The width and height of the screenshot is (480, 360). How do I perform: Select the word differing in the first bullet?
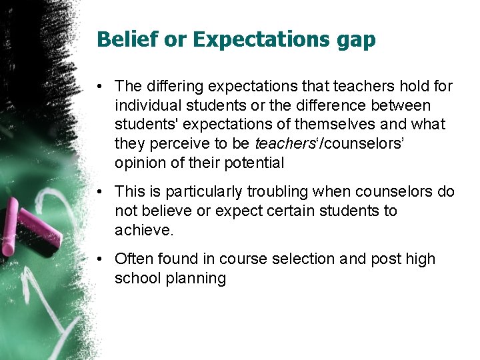[172, 86]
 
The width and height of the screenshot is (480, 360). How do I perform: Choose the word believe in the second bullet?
[169, 211]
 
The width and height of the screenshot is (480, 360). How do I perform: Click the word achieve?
[144, 230]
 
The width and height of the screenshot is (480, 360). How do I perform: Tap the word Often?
[133, 259]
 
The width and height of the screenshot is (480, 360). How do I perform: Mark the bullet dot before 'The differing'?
[99, 87]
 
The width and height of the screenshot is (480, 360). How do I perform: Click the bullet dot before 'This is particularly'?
[99, 192]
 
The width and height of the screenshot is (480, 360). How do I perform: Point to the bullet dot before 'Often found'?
[99, 259]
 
